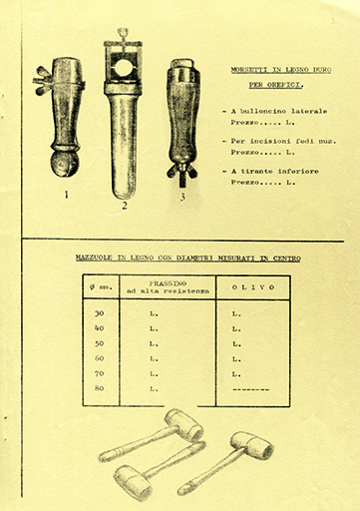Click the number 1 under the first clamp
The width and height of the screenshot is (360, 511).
tap(67, 195)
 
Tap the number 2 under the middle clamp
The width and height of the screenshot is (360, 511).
tap(125, 207)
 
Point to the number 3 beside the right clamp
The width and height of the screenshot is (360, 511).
tap(182, 197)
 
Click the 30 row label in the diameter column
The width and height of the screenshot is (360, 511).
tap(99, 313)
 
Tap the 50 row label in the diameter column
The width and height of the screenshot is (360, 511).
tap(99, 343)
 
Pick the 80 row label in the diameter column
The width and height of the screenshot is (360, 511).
tap(99, 388)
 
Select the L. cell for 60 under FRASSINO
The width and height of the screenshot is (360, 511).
tap(154, 358)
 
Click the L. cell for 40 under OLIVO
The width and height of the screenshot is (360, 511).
tap(236, 328)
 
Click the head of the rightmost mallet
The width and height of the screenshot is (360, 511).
tap(252, 445)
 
